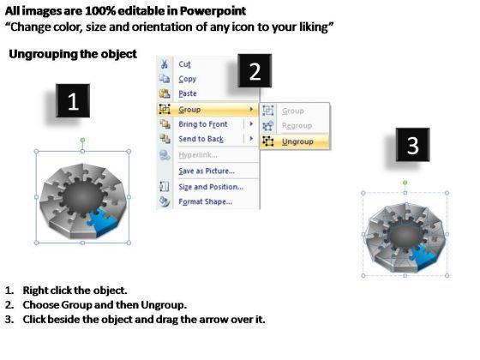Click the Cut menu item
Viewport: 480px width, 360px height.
click(184, 64)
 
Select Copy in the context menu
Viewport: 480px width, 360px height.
click(188, 79)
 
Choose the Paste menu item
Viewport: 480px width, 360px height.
click(188, 93)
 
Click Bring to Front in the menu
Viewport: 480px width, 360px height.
click(203, 124)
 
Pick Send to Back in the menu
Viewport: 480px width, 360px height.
click(201, 139)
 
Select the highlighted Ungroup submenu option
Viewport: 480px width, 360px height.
click(297, 141)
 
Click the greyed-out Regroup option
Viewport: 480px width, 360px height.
click(297, 125)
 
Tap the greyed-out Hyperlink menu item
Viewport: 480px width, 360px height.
click(198, 155)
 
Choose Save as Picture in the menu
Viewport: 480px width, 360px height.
click(207, 171)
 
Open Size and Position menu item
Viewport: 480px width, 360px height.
click(211, 187)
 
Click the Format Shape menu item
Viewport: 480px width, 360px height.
click(206, 201)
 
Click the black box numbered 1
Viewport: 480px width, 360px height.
click(73, 101)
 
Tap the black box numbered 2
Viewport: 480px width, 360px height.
click(255, 70)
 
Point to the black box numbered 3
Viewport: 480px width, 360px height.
click(412, 145)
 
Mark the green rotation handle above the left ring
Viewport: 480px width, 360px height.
click(82, 141)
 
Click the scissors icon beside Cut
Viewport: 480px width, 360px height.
click(165, 64)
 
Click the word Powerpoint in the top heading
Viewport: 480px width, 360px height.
click(213, 11)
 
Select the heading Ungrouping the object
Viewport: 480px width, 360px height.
click(73, 54)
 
